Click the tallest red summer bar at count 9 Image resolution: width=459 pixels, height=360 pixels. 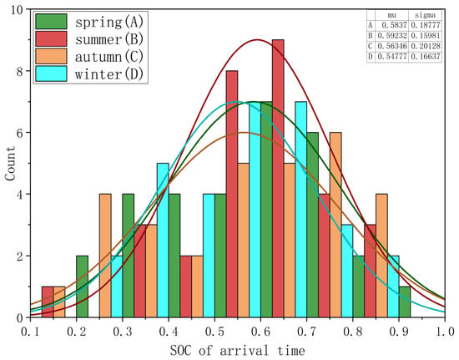point(278,179)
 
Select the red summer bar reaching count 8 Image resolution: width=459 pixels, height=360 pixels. point(232,194)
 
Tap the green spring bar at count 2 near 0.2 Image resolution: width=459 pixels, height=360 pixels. point(83,286)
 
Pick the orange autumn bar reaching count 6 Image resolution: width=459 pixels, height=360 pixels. point(335,225)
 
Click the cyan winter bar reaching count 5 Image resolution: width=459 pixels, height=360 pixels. point(163,241)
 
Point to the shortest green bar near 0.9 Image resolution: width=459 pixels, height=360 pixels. point(405,302)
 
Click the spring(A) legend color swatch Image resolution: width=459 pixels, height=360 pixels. point(51,22)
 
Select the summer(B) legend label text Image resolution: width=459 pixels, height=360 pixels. point(109,39)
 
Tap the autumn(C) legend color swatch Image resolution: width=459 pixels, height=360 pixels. point(51,56)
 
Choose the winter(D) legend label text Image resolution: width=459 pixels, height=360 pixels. point(109,74)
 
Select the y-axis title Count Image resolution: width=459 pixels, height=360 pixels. point(10,164)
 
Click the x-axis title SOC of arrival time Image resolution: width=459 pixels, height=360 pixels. point(237,350)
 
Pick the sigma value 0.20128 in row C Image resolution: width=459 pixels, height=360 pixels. point(426,46)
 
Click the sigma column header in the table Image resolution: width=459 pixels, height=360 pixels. point(425,15)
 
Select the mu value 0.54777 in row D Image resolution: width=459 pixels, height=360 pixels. point(392,57)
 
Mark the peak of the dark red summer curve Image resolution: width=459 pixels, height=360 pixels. point(257,39)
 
